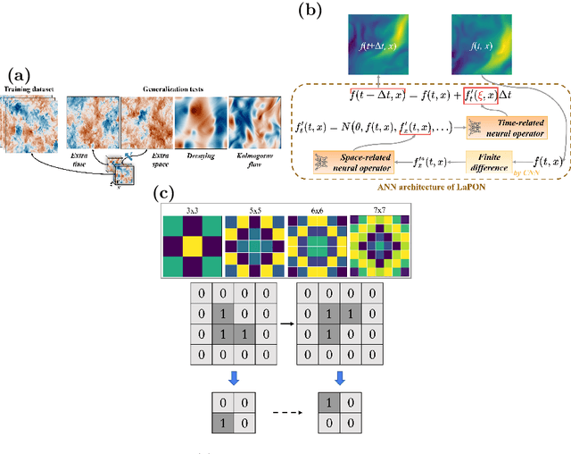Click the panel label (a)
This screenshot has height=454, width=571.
18,74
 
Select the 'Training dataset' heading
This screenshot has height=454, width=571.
30,89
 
